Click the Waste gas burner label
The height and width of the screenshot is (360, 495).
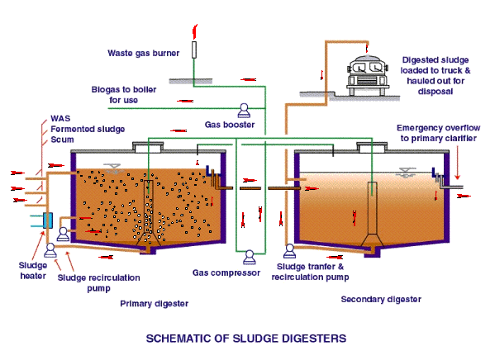tap(143, 53)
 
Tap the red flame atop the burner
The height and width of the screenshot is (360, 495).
tap(195, 31)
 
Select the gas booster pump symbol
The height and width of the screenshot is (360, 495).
tap(244, 111)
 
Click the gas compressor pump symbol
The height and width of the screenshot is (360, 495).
tap(249, 257)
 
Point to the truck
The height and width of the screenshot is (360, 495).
tap(367, 75)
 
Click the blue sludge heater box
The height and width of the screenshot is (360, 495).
tap(48, 220)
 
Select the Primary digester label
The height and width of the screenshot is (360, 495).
tap(154, 304)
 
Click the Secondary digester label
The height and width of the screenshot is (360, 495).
tap(381, 299)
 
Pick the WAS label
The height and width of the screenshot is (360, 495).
tap(60, 118)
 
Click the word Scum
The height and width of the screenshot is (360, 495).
tap(62, 140)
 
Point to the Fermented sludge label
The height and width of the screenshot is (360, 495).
tap(88, 129)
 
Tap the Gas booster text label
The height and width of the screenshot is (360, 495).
tap(230, 125)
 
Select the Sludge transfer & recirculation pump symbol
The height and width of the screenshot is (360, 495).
tap(290, 251)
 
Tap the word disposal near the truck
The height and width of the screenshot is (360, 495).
tap(436, 92)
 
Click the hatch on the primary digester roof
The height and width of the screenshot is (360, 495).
tap(148, 147)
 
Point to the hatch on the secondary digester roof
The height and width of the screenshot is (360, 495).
tap(372, 147)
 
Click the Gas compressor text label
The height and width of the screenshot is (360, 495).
tap(226, 273)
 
